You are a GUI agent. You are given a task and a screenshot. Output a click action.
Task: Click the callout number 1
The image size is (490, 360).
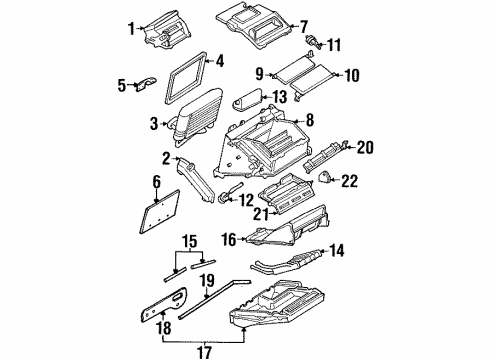(x=129, y=26)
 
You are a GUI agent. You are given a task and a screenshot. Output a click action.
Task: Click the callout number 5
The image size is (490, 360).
(x=123, y=86)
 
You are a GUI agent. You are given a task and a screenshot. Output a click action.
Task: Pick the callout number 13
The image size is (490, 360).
(x=279, y=96)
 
